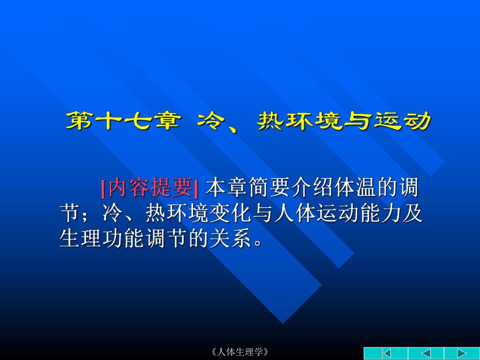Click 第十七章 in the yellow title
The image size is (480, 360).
coord(124,122)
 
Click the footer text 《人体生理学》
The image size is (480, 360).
coord(240,352)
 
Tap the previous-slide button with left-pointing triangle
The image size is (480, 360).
coord(425,353)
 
